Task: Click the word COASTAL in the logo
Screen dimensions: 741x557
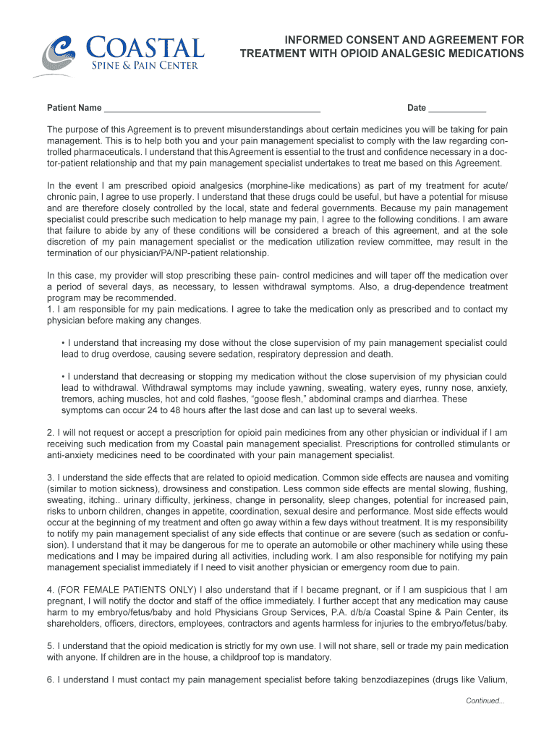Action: click(x=145, y=48)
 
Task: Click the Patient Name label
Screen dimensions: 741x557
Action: click(x=75, y=109)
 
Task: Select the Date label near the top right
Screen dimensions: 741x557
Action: click(x=417, y=109)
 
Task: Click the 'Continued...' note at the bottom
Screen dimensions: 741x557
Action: click(x=485, y=700)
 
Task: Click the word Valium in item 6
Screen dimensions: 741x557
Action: click(x=493, y=679)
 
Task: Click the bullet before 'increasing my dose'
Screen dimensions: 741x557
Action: click(x=64, y=343)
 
